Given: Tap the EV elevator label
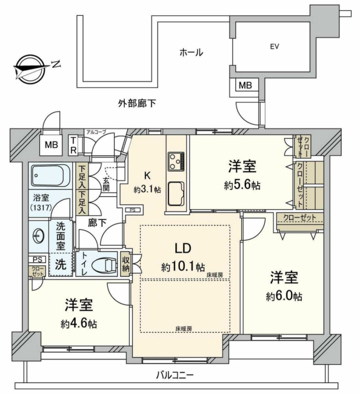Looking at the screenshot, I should click(274, 47).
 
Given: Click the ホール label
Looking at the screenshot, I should click(191, 53).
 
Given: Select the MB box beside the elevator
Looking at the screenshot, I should click(245, 85).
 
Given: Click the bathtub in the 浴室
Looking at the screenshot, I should click(51, 175).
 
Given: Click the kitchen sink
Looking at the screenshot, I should click(177, 193).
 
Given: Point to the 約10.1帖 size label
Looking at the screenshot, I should click(183, 267).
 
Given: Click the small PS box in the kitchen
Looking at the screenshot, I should click(132, 210).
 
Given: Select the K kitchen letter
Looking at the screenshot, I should click(147, 175).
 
